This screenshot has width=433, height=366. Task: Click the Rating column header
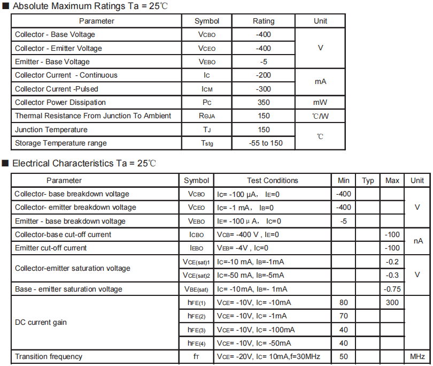pos(263,21)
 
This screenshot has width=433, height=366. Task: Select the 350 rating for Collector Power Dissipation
pos(264,102)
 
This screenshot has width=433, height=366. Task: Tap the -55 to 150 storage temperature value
pos(264,143)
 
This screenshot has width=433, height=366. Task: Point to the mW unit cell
pos(320,102)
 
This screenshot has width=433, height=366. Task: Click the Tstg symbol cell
pos(207,143)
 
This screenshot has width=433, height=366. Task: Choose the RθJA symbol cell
pos(207,116)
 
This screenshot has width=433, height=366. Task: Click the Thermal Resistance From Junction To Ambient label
pos(93,116)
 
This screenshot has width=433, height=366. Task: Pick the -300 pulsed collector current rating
pos(264,89)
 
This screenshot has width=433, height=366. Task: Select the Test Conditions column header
pos(272,180)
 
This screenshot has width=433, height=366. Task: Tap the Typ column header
pos(368,180)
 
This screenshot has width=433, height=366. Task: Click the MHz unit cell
pos(417,356)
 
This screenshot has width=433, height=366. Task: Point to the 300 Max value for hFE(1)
pos(392,302)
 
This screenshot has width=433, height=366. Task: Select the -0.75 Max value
pos(392,289)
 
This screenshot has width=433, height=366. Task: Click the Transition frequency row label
pos(49,356)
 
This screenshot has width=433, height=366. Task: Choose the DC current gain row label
pos(41,323)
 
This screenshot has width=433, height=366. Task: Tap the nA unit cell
pos(417,241)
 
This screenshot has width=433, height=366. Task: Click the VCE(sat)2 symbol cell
pos(196,275)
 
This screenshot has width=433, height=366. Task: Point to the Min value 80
pos(343,302)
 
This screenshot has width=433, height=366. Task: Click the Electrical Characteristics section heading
pos(84,163)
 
